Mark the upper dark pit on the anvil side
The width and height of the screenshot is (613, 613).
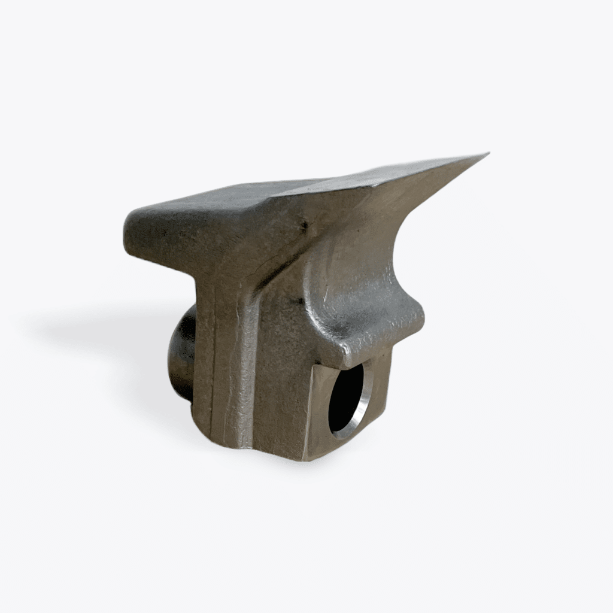point(305,226)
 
